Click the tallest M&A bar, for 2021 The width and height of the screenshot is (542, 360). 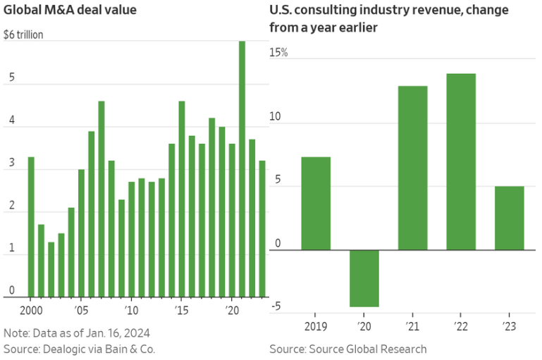[242, 169]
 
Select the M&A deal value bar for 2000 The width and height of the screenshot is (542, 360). [31, 226]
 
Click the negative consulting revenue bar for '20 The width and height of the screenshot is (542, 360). [364, 278]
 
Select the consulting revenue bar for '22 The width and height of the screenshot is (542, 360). [461, 161]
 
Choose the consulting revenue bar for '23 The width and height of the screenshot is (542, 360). [510, 218]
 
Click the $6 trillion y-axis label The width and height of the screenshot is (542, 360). [23, 35]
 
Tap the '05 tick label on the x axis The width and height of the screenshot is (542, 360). [82, 309]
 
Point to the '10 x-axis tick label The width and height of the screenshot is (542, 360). [132, 309]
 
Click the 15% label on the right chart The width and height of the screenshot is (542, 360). [279, 52]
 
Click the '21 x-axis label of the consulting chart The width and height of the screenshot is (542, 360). [412, 325]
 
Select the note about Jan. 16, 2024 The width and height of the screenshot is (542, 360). [77, 333]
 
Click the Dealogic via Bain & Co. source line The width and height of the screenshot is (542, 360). [79, 349]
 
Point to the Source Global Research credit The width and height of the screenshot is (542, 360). [347, 349]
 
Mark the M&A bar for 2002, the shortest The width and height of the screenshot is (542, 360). [51, 269]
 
